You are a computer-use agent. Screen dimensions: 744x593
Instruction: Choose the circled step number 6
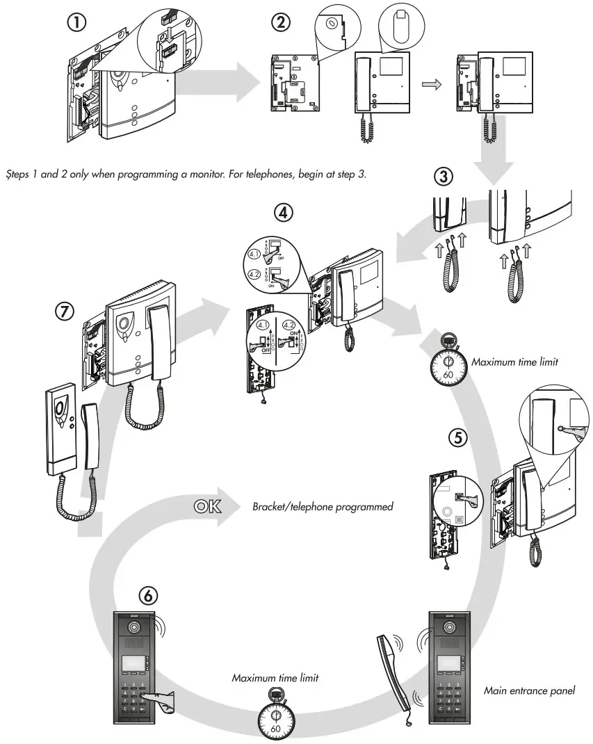click(147, 595)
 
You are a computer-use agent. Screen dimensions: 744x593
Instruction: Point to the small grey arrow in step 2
click(432, 84)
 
